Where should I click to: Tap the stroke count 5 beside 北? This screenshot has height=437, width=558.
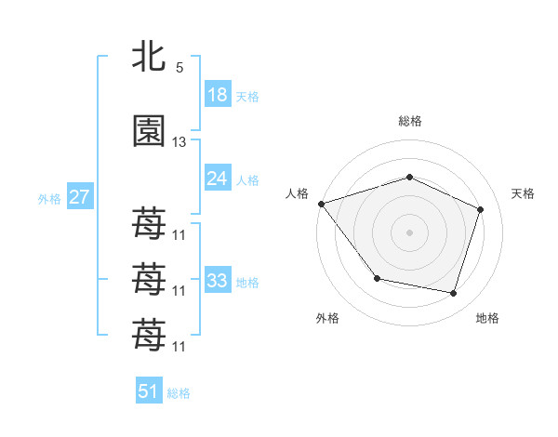coord(179,68)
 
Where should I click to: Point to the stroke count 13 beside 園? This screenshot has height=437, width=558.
coord(179,142)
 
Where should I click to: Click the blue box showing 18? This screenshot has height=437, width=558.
coord(217,95)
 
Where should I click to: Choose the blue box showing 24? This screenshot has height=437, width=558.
coord(217,179)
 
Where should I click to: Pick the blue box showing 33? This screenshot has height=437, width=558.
coord(217,280)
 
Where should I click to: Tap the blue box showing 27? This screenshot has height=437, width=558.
coord(79,196)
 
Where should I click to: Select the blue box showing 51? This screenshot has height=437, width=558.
coord(149,391)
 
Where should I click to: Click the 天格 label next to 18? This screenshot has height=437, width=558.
coord(247,97)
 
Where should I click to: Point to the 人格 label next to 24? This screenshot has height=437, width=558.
coord(247,180)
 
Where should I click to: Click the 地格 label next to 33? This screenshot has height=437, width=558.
coord(247,282)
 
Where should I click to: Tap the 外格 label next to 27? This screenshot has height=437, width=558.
coord(50,198)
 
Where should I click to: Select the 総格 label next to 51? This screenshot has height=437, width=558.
coord(179,393)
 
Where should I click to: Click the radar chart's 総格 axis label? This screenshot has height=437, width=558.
coord(409,121)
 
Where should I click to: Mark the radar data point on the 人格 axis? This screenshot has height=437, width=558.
coord(321,204)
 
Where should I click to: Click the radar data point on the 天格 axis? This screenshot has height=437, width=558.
coord(480,209)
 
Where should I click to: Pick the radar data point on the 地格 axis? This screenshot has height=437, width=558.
coord(453,293)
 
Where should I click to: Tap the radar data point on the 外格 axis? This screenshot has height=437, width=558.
coord(377,278)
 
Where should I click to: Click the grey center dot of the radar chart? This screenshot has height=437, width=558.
coord(409,232)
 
